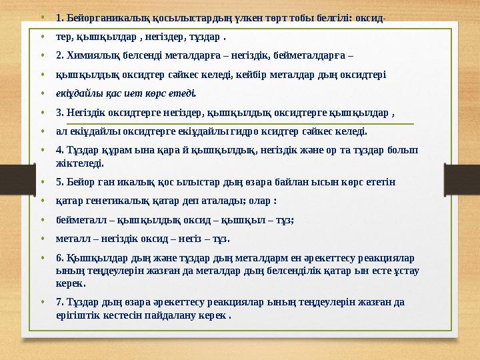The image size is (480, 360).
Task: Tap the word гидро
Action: [x=257, y=131]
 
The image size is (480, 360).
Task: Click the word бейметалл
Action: [x=82, y=219]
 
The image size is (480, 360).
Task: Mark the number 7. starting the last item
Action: [x=61, y=301]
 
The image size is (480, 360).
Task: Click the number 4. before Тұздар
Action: [x=61, y=150]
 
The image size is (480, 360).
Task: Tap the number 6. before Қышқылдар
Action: [x=61, y=257]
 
